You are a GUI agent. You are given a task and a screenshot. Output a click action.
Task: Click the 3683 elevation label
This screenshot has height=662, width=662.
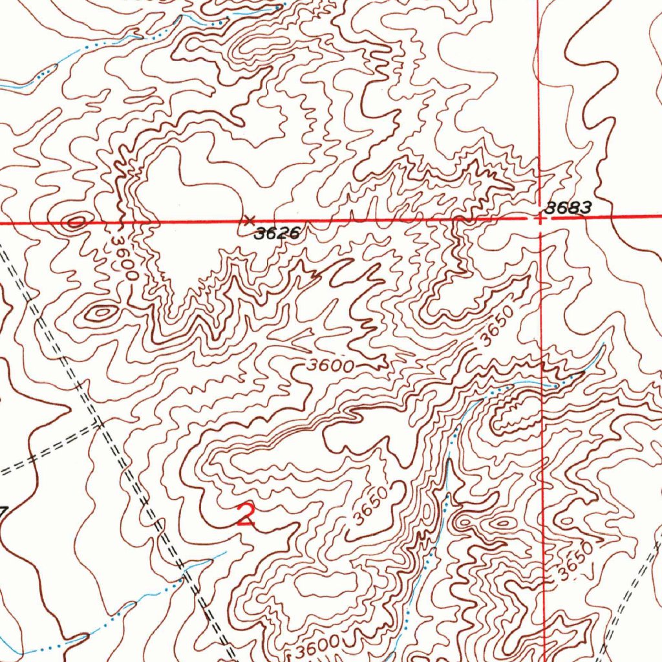(x=568, y=208)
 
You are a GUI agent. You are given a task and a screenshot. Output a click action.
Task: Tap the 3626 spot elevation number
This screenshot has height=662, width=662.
(x=277, y=234)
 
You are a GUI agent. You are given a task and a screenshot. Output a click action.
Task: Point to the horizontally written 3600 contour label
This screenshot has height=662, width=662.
(x=330, y=366)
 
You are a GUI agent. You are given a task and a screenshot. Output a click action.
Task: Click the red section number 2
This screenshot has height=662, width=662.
(x=245, y=515)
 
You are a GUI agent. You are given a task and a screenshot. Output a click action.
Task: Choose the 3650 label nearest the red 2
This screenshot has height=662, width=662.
(x=371, y=504)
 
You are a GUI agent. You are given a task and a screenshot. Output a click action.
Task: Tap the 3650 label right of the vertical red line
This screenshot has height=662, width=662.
(x=575, y=561)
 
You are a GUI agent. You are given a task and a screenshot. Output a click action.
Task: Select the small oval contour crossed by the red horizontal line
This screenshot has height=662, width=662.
(x=75, y=223)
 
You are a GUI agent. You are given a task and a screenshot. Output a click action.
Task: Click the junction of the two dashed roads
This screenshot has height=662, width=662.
(x=99, y=424)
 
